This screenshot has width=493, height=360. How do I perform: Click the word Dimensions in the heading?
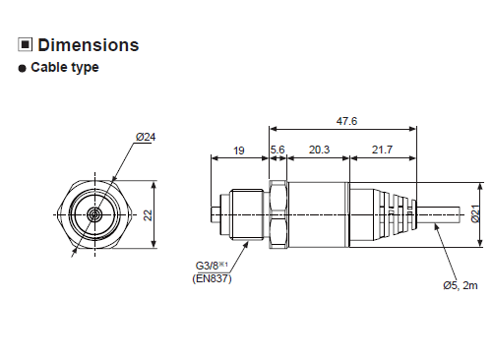[x=89, y=45]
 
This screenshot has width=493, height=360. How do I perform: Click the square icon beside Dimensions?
[x=25, y=44]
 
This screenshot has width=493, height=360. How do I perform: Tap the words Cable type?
[x=65, y=67]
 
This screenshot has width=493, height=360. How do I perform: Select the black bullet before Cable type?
[x=22, y=68]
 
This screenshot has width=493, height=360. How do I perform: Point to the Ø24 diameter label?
[x=146, y=137]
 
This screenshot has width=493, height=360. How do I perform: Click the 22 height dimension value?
[x=148, y=215]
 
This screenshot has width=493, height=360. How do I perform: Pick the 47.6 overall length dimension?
[x=346, y=121]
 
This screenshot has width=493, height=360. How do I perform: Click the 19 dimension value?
[x=239, y=150]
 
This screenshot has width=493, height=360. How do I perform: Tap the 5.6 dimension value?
[x=277, y=150]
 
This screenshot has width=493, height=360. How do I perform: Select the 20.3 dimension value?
[x=319, y=150]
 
